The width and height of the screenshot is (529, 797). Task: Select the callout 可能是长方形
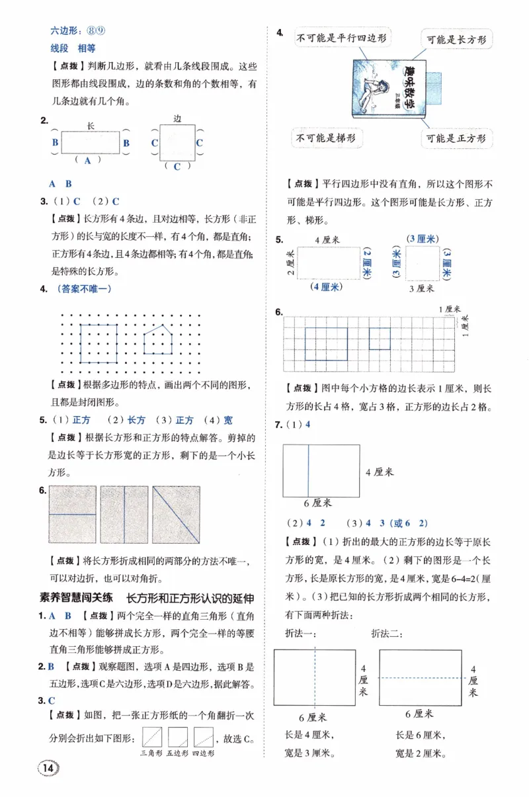tap(457, 40)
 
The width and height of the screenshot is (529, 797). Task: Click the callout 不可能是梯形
tap(326, 138)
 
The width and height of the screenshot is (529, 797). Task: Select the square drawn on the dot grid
tap(99, 343)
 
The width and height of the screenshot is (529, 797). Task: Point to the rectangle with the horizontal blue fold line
tap(73, 515)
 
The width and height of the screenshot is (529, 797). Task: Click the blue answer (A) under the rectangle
tap(87, 159)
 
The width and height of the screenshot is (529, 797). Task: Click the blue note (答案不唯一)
tap(84, 288)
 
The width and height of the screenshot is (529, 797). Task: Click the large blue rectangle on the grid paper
tap(326, 343)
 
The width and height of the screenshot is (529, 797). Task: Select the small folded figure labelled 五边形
tap(177, 737)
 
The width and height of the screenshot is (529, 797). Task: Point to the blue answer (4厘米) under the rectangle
tap(324, 286)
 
